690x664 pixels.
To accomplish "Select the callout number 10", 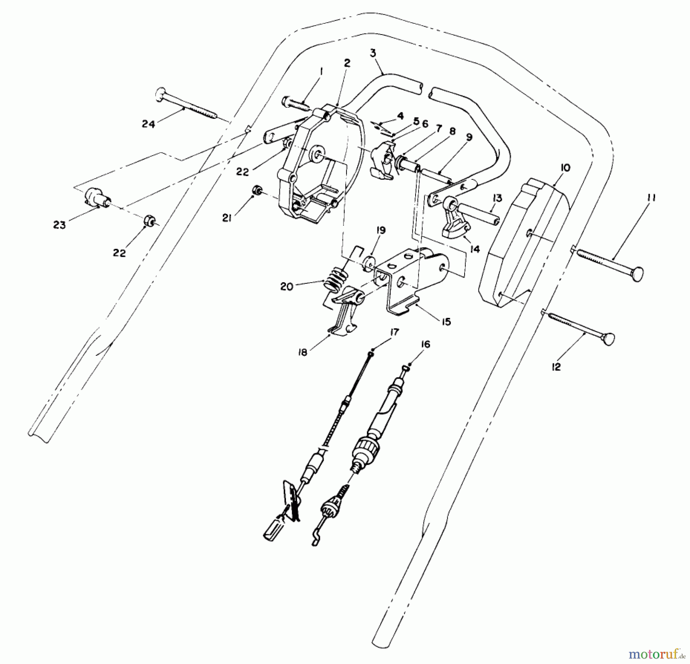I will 565,168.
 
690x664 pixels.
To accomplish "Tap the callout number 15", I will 446,322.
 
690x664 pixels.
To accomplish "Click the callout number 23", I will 59,225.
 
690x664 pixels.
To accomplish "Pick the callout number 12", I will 556,367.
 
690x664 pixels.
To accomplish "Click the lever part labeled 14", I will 454,222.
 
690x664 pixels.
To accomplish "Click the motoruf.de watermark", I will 657,652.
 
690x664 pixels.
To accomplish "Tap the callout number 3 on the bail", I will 373,53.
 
